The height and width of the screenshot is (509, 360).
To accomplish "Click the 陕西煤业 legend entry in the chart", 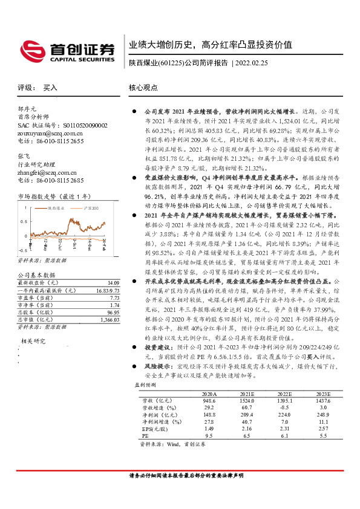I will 55,207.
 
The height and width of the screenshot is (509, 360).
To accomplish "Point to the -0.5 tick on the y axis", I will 22,249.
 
